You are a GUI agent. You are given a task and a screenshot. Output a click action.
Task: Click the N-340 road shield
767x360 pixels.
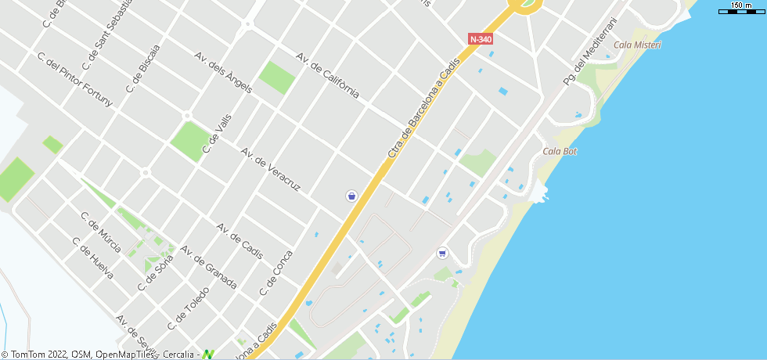coord(481,38)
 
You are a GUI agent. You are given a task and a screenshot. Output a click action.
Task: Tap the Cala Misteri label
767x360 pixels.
coord(637,45)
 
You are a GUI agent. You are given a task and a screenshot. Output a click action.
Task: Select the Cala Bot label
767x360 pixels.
coord(560,151)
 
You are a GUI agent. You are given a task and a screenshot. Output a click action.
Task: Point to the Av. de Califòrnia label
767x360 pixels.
coord(327,76)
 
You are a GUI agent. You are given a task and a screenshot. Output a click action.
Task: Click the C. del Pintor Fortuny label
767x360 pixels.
coord(75,79)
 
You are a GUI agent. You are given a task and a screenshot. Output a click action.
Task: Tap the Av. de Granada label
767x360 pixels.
coord(208,267)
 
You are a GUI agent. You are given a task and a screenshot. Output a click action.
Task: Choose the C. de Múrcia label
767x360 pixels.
coord(101,232)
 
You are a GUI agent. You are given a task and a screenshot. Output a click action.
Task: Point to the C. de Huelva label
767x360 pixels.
coord(92,258)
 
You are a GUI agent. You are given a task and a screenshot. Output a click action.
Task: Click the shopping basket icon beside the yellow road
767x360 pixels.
coord(352,196)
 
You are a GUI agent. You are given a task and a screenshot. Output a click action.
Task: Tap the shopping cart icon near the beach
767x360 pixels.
coord(442,253)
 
